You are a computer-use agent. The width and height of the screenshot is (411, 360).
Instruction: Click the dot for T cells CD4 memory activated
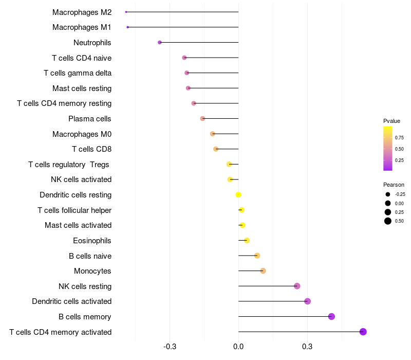click(363, 332)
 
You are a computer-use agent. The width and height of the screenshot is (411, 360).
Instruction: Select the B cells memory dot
click(331, 316)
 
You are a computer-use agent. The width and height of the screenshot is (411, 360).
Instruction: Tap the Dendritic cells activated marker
click(307, 301)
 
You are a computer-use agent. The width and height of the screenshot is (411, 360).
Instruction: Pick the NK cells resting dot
click(297, 286)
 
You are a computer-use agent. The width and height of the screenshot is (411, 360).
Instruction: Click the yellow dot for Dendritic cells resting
click(238, 194)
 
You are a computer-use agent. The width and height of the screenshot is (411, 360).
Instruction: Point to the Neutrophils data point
click(160, 42)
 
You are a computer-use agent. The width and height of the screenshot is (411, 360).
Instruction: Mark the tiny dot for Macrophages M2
click(126, 12)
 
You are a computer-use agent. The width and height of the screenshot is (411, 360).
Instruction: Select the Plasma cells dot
click(202, 118)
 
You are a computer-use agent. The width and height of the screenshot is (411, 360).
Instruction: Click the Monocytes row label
click(92, 271)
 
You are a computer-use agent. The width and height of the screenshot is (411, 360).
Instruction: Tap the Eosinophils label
click(92, 241)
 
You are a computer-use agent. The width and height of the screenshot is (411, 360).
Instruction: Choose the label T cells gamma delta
click(78, 73)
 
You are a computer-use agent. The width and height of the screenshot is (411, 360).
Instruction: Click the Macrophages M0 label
click(82, 134)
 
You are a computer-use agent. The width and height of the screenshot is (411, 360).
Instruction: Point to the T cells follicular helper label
click(74, 210)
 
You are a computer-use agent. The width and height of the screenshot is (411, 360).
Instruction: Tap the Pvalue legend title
click(391, 121)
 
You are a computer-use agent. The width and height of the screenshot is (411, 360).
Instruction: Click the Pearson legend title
click(394, 185)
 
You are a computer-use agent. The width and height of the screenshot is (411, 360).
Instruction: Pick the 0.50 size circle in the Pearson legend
click(387, 221)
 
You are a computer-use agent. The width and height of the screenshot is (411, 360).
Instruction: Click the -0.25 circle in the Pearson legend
click(387, 194)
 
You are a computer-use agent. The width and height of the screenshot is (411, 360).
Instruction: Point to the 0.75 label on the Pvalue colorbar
click(399, 137)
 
